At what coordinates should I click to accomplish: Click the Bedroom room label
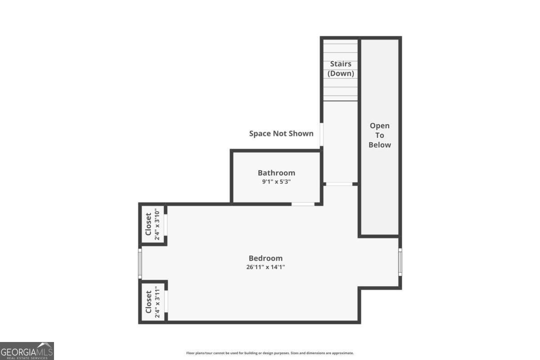click(265, 258)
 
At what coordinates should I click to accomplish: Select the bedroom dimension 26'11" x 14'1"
click(265, 267)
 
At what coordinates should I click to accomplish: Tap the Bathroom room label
click(276, 173)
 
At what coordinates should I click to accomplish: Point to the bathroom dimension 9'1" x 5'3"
click(276, 181)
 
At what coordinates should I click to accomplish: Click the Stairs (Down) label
click(341, 68)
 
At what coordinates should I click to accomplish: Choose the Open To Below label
click(379, 135)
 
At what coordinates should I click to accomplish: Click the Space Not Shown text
click(281, 134)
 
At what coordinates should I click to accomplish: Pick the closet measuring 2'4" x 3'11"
click(152, 301)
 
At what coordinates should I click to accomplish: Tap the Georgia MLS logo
click(27, 351)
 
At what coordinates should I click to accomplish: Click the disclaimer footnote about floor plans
click(270, 353)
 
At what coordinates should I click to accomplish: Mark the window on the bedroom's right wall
click(400, 262)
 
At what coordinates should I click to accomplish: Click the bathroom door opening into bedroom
click(303, 204)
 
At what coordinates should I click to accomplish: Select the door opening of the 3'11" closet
click(166, 301)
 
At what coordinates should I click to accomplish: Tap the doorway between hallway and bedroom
click(339, 184)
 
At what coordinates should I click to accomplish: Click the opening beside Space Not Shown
click(321, 134)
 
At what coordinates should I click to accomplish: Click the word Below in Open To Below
click(379, 145)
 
